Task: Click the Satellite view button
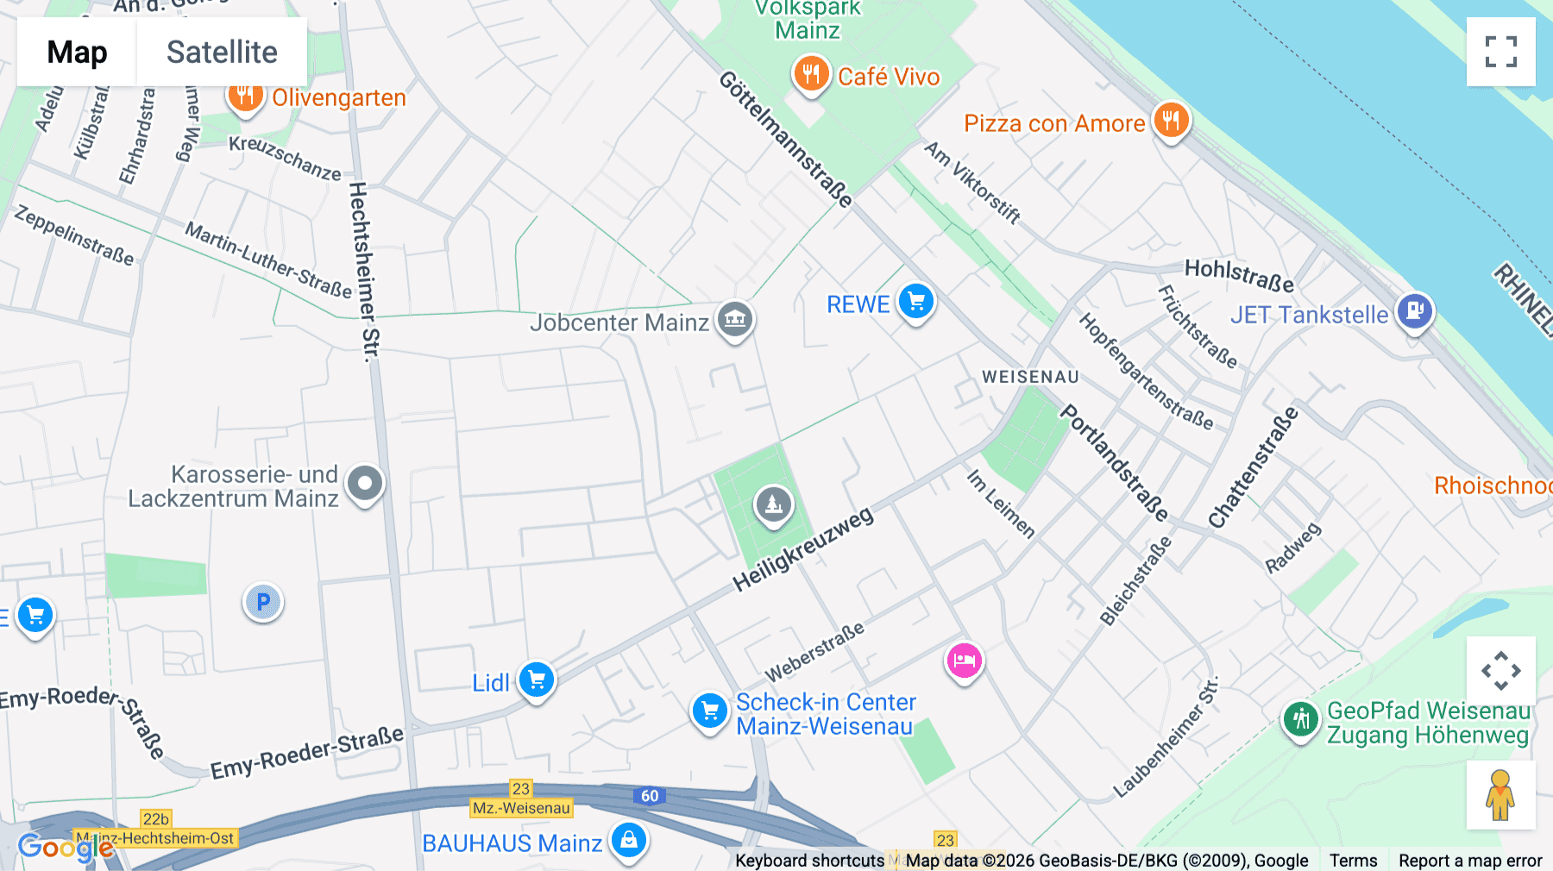tap(222, 52)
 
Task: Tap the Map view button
tap(77, 52)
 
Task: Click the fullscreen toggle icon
tap(1500, 52)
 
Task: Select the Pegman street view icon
tap(1500, 795)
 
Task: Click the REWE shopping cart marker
tap(915, 302)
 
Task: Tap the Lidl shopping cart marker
tap(536, 680)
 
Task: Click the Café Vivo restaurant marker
tap(811, 74)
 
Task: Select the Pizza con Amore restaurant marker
tap(1171, 121)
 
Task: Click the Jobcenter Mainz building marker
tap(734, 320)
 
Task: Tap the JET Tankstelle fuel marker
tap(1415, 311)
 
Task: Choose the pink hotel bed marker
tap(964, 661)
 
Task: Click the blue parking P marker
tap(263, 602)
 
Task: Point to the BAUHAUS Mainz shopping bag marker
tap(629, 839)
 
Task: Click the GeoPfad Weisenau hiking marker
tap(1300, 719)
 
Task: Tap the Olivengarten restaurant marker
tap(245, 95)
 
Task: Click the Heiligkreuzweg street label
tap(802, 549)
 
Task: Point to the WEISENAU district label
tap(1030, 377)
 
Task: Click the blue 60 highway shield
tap(650, 796)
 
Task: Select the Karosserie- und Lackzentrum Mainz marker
tap(365, 484)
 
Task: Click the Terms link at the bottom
tap(1353, 860)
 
